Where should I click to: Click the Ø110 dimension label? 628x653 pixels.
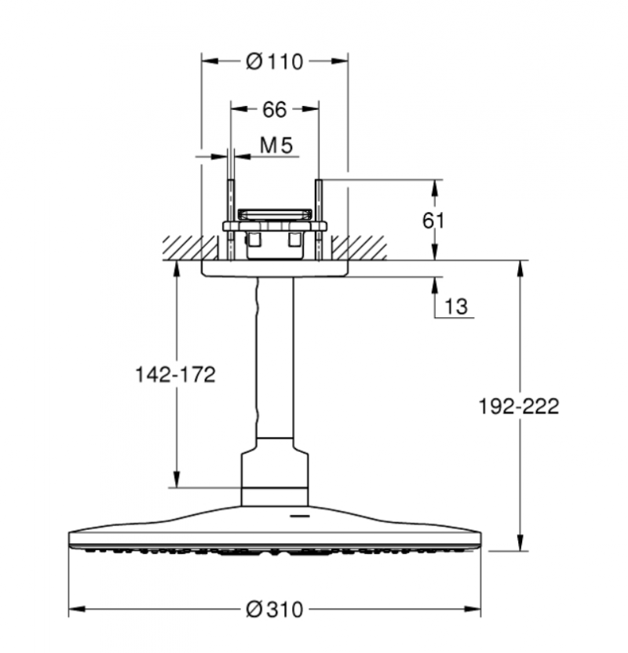click(x=274, y=61)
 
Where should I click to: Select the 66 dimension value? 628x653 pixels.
click(x=274, y=110)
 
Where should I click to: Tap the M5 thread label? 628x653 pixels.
click(x=276, y=145)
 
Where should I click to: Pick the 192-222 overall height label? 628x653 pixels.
click(x=519, y=406)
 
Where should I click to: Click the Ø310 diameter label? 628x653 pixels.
click(x=274, y=609)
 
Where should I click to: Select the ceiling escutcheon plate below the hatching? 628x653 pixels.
click(x=274, y=268)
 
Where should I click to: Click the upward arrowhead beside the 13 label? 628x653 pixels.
click(x=435, y=283)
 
